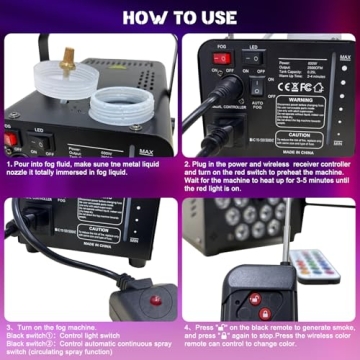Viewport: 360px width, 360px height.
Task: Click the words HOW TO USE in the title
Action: click(x=179, y=17)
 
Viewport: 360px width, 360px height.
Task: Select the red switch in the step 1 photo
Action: click(x=14, y=141)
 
